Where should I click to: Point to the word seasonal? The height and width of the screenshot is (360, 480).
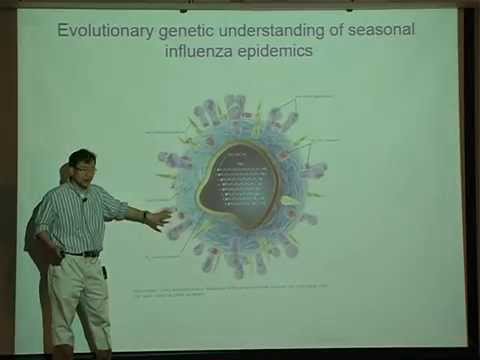pos(377,30)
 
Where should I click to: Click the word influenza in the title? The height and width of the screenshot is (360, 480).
pos(203,49)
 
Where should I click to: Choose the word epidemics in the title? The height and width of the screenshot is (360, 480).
pos(275,49)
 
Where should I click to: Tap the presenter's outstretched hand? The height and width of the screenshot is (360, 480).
pos(159,218)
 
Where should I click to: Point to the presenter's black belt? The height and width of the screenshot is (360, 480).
pos(80,253)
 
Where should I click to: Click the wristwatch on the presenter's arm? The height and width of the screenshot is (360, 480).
pos(144,214)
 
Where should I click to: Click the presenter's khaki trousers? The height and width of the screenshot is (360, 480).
pos(80,295)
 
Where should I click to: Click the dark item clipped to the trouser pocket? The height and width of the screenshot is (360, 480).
pos(104,271)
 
